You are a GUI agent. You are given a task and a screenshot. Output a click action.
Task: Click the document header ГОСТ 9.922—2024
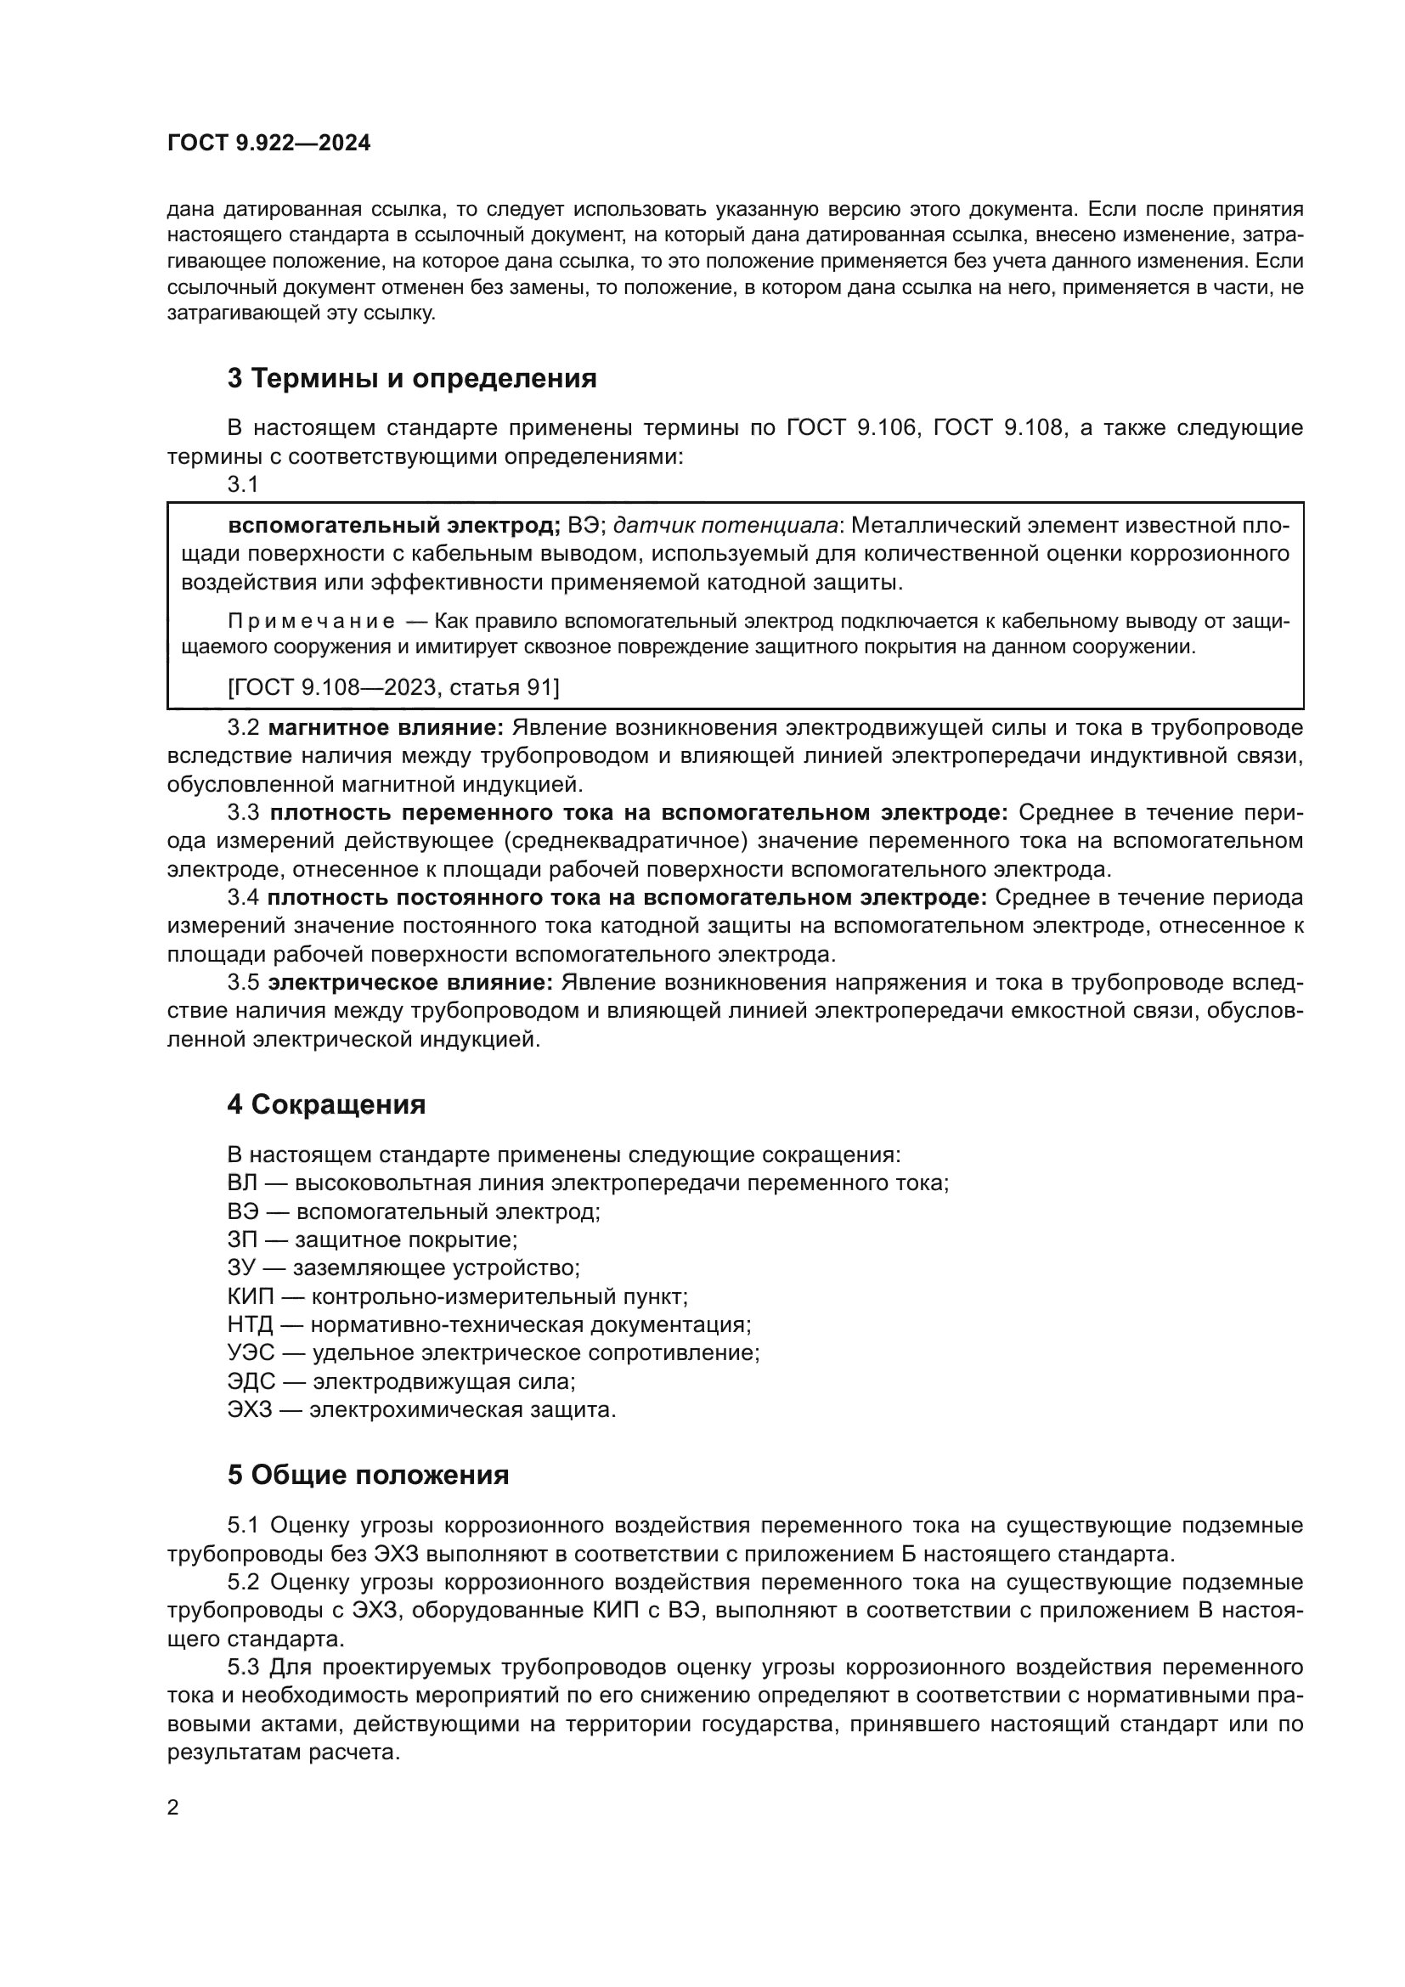[x=269, y=144]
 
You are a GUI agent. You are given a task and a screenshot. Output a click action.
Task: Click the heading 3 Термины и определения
[x=412, y=378]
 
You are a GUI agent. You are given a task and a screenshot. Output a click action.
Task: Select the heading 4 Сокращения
[x=326, y=1104]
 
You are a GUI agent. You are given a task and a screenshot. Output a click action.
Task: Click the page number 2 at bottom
[x=173, y=1808]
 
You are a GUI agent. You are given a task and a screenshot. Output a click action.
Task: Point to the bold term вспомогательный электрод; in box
[x=394, y=525]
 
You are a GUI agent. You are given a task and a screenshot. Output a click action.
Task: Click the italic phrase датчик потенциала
[x=725, y=525]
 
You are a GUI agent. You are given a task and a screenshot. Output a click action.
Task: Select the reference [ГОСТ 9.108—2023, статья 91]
[x=393, y=687]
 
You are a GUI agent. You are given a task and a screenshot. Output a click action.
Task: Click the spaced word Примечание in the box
[x=312, y=621]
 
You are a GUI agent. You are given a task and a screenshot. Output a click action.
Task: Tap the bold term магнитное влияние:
[x=386, y=728]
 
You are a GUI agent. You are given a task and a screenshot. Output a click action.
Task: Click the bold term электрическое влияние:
[x=410, y=982]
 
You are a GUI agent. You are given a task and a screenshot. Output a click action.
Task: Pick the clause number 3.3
[x=243, y=813]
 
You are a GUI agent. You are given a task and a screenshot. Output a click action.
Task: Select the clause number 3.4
[x=243, y=897]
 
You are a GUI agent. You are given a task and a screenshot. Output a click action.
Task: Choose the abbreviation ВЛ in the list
[x=242, y=1183]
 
